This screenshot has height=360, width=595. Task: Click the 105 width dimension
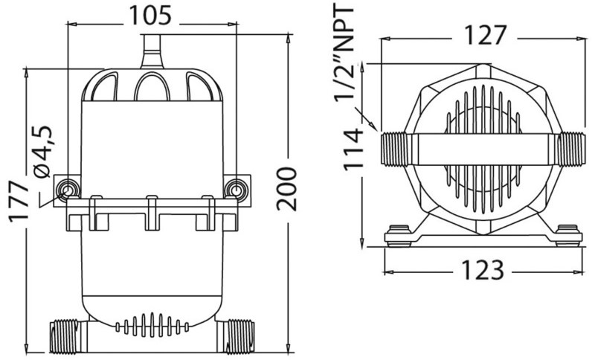151,16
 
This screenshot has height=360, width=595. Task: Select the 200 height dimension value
286,189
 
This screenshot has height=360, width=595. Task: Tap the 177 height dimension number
19,201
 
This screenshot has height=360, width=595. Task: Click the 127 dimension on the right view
486,35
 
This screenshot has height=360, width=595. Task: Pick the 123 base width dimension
483,270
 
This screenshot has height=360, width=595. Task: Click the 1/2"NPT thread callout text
344,53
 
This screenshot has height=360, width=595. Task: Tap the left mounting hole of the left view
68,189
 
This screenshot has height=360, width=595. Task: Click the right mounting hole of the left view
236,189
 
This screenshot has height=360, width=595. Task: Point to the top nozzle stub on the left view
152,51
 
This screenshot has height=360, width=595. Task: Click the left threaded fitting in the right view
394,149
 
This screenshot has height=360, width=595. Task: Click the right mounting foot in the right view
567,235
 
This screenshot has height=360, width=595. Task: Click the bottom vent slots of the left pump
152,325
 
